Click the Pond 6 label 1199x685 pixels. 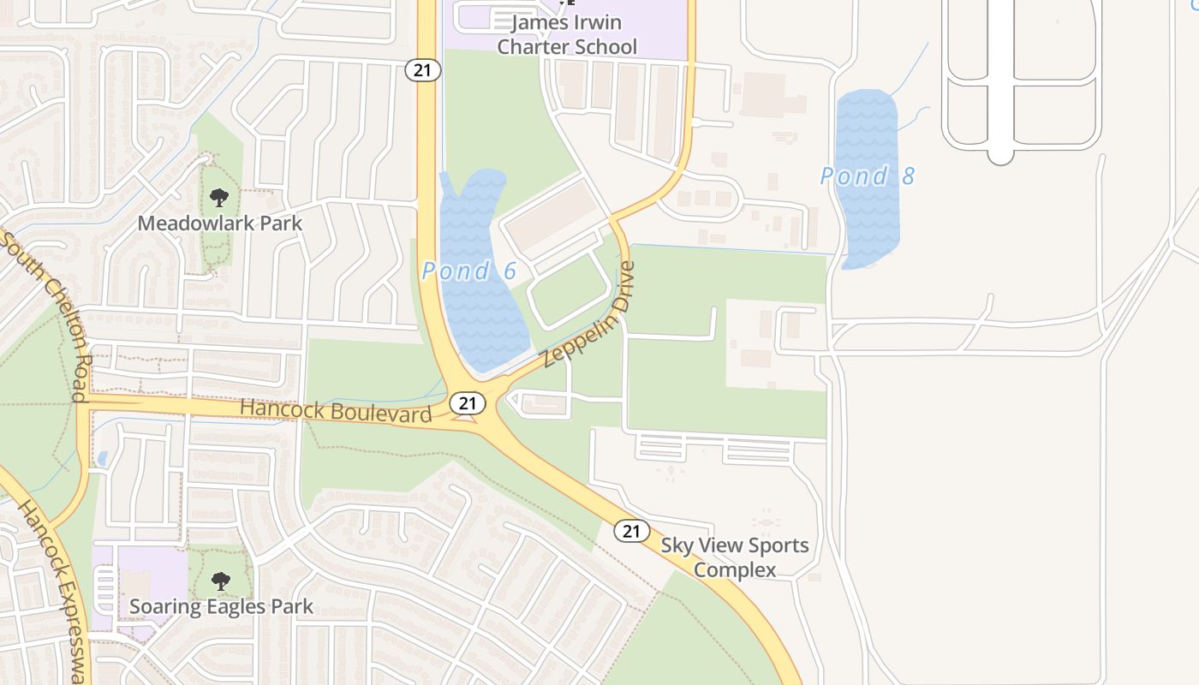[469, 271]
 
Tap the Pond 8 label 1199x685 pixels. [867, 176]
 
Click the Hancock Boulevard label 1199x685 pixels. [336, 410]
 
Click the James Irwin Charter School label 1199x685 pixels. [567, 34]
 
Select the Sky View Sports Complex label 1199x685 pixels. [734, 557]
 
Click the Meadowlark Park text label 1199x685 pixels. [220, 223]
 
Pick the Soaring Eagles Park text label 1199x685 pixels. [221, 607]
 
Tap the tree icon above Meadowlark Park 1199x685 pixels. [219, 199]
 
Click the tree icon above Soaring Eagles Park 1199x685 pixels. [220, 581]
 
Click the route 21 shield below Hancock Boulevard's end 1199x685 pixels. [466, 402]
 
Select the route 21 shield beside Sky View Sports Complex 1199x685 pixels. [631, 531]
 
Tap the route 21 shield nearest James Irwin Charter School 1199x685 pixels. [422, 70]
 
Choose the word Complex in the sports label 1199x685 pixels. [735, 570]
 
